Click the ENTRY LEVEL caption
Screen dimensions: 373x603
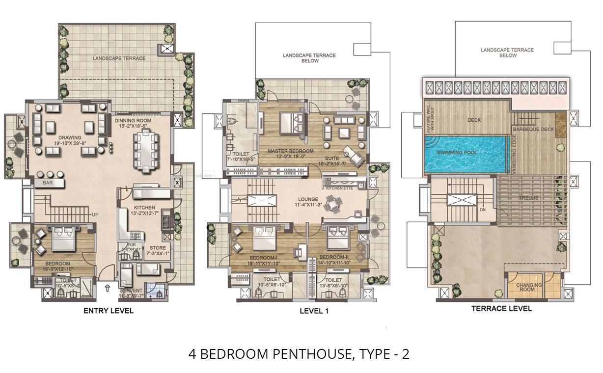(108, 311)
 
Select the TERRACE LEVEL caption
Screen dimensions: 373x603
(501, 309)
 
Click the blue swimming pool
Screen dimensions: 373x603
(465, 153)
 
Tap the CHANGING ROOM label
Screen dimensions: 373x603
(529, 287)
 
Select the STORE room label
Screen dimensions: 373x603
(158, 248)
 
